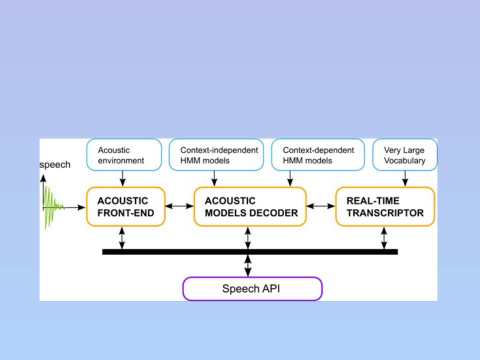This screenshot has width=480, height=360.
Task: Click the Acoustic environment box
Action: (x=124, y=154)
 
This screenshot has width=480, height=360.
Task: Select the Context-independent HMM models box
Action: (x=216, y=154)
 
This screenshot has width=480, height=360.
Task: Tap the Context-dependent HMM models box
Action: (x=318, y=154)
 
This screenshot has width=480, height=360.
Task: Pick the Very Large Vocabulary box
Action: (x=404, y=154)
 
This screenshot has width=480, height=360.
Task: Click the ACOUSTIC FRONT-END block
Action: (x=126, y=206)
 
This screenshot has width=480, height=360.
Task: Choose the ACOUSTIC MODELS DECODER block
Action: (x=250, y=206)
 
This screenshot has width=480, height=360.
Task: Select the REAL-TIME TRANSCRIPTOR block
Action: (x=385, y=206)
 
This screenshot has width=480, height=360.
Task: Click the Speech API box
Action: (x=252, y=288)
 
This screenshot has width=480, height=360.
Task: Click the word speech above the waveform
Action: (x=55, y=164)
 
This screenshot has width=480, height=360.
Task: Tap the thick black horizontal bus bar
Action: (x=250, y=252)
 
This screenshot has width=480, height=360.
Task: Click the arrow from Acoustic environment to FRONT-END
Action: (x=122, y=178)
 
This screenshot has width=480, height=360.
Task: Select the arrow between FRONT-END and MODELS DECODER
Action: (x=179, y=206)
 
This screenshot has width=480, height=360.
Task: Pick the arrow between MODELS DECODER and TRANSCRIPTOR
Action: (x=321, y=206)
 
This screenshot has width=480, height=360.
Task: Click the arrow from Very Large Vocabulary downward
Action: (x=405, y=178)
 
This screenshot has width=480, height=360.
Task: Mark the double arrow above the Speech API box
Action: (x=248, y=265)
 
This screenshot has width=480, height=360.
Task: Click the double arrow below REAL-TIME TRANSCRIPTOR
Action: (x=384, y=238)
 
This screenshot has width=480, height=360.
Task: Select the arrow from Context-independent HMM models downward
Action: (x=214, y=178)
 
